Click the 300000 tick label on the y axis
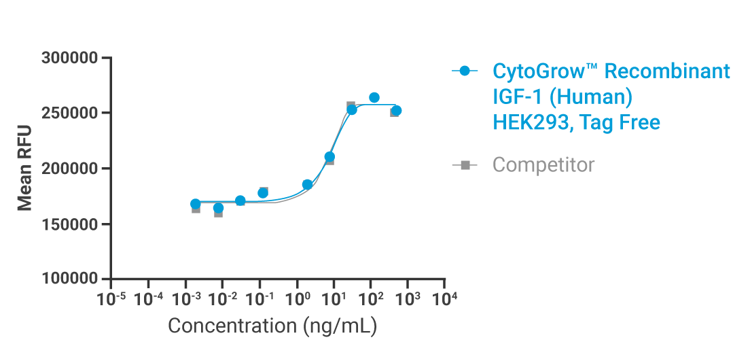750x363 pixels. pos(70,58)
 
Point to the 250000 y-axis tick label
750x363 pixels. pos(70,113)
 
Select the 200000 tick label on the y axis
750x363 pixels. pos(70,169)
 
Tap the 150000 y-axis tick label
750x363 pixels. pos(70,224)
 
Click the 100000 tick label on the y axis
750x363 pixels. pos(70,279)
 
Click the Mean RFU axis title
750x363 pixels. pos(24,169)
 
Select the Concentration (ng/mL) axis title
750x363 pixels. pos(272,326)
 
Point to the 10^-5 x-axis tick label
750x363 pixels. pos(110,298)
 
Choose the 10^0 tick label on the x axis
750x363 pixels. pos(296,298)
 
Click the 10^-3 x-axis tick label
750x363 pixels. pos(184,298)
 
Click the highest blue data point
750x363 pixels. pos(374,98)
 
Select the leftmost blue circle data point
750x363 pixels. pos(196,204)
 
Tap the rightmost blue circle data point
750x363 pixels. pos(396,110)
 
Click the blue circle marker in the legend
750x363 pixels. pos(465,71)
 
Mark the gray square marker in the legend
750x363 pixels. pos(465,165)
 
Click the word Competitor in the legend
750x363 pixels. pos(543,165)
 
